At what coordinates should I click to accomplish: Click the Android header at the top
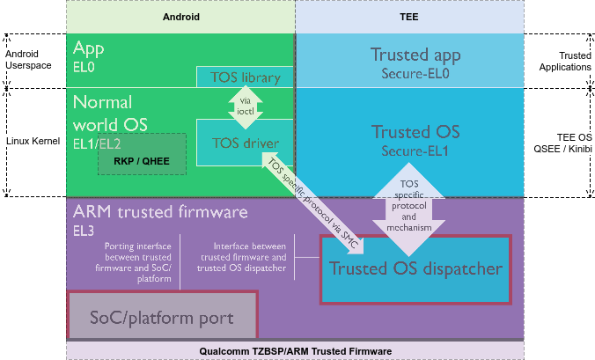(x=181, y=16)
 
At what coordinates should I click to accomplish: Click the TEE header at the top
(x=409, y=16)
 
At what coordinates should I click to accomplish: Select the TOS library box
(x=245, y=77)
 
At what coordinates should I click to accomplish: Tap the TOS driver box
(x=246, y=143)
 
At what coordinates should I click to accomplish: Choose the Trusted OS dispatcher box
(x=415, y=268)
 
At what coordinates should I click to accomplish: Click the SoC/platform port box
(x=162, y=316)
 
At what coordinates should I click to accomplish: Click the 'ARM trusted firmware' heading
(x=160, y=212)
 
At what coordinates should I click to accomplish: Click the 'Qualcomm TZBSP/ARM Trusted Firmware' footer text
(x=295, y=351)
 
